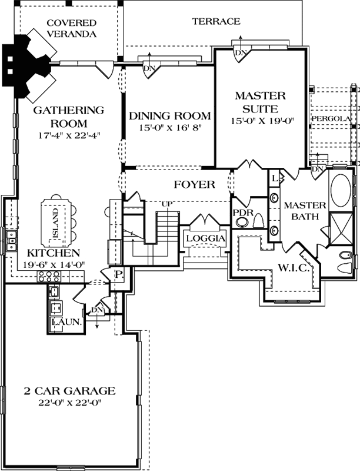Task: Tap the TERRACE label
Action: coord(216,21)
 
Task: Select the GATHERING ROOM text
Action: coord(68,117)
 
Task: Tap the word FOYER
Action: coord(194,185)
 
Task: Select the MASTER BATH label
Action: coord(305,211)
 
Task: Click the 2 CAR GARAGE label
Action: coord(69,391)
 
